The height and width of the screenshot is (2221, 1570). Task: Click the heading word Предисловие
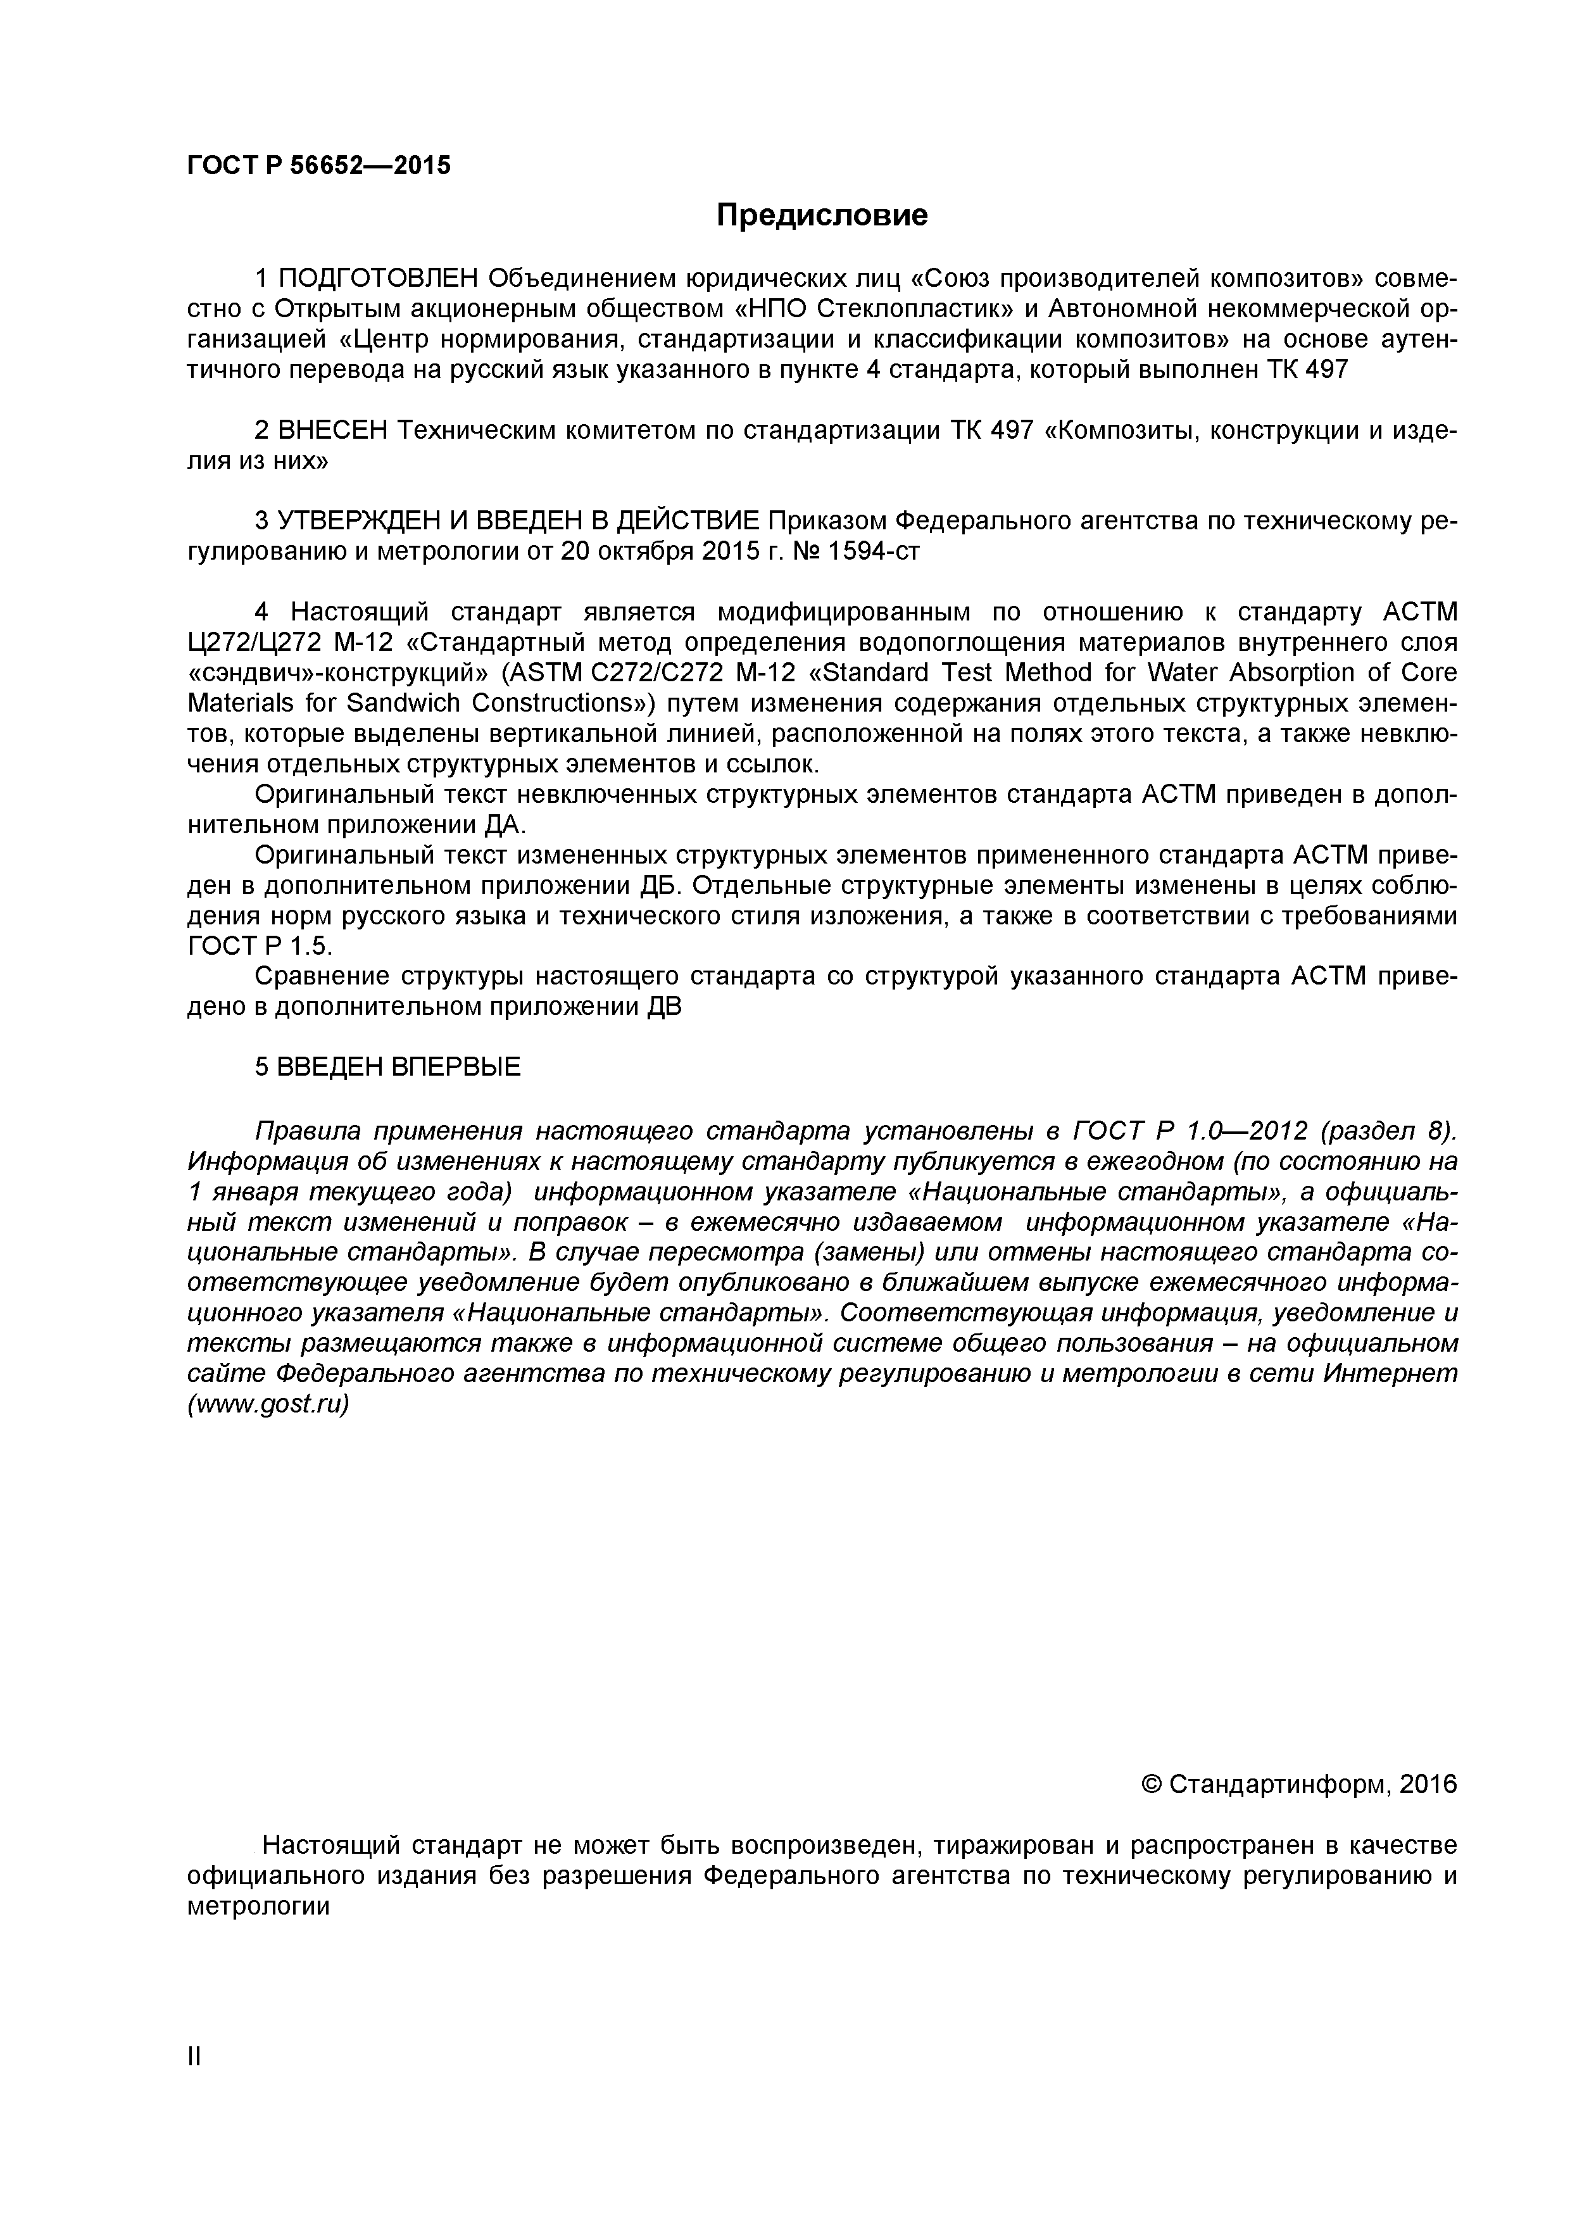821,215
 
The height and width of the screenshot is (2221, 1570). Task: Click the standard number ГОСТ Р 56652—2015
318,165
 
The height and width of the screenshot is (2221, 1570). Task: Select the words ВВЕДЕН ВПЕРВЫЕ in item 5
399,1066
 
